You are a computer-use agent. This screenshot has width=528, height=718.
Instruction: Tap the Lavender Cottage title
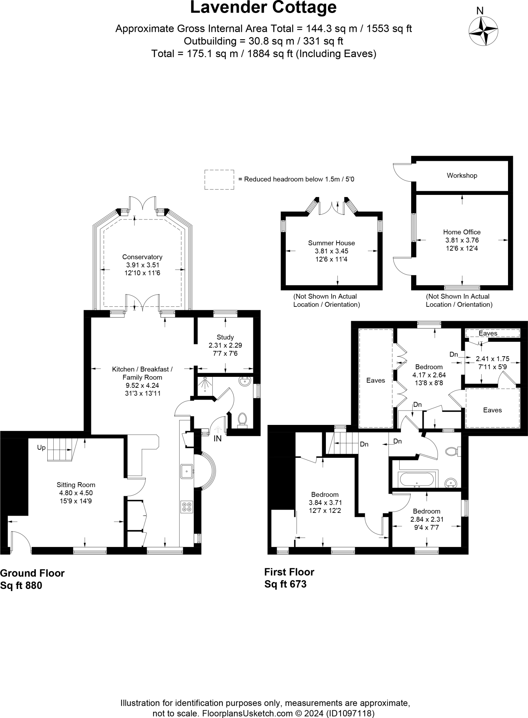pos(263,8)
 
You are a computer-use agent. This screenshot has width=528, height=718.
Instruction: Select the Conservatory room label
pos(142,257)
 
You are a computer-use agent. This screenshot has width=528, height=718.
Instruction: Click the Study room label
pos(225,337)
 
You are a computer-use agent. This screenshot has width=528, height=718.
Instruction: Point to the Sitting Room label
pos(76,485)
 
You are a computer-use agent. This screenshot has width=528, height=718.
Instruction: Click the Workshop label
pos(462,176)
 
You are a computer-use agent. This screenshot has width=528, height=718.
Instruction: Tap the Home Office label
pos(462,232)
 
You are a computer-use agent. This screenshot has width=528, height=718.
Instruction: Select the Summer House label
pos(331,243)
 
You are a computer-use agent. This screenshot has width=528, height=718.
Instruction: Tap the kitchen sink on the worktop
pos(186,471)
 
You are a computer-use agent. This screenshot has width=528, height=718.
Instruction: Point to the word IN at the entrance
pos(218,439)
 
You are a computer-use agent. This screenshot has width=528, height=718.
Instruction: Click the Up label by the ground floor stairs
pos(41,448)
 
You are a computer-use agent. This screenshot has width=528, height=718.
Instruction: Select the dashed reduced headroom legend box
pos(219,180)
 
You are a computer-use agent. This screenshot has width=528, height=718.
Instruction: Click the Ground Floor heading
pos(32,573)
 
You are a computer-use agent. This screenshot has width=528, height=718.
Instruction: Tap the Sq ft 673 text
pos(285,584)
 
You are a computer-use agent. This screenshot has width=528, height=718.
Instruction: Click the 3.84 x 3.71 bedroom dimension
pos(325,503)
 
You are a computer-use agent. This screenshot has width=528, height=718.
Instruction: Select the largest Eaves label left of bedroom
pos(375,380)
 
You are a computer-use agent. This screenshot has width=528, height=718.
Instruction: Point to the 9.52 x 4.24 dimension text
pos(142,386)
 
